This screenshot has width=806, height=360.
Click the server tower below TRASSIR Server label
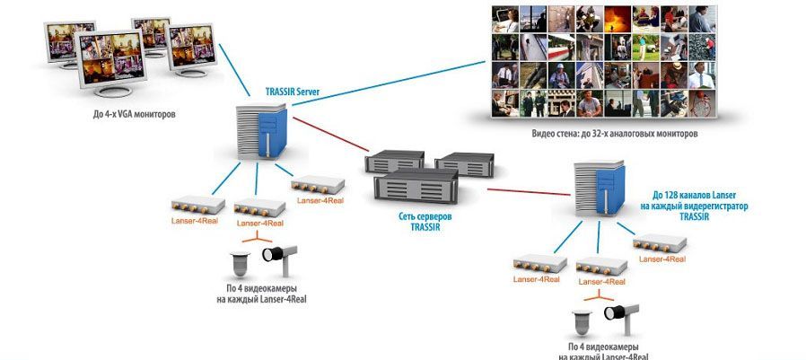(x=259, y=131)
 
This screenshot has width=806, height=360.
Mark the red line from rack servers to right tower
(x=530, y=189)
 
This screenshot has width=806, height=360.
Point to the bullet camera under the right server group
(x=620, y=317)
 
